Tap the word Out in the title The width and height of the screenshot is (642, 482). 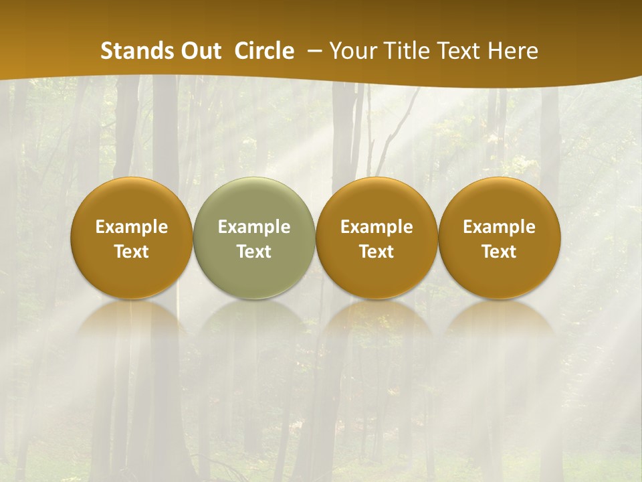199,51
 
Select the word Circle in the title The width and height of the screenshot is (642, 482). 264,51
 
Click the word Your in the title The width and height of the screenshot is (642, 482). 351,51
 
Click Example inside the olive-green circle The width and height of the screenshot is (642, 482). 254,227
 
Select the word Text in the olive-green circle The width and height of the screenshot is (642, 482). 254,252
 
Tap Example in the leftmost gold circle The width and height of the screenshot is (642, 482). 132,227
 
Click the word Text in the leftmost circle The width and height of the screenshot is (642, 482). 132,252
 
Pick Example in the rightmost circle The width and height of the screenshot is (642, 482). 500,227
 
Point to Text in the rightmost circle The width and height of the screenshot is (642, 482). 500,252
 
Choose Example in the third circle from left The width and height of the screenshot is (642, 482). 377,227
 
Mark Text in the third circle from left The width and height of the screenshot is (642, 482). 377,252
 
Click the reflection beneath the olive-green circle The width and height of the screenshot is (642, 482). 254,328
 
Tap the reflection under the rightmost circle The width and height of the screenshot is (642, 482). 500,328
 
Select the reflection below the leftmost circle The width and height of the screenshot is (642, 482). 132,328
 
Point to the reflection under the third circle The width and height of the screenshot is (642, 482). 377,328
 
